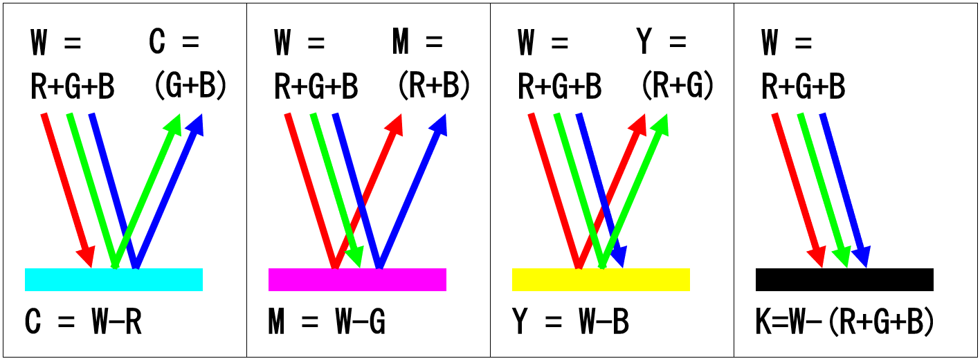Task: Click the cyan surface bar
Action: tap(114, 279)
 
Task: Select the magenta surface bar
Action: tap(357, 279)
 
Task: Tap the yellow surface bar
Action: tap(601, 279)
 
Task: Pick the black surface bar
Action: tap(844, 279)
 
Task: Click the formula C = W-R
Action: tap(83, 322)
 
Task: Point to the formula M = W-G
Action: tap(327, 322)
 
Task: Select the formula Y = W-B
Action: tap(570, 322)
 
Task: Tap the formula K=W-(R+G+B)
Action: tap(844, 322)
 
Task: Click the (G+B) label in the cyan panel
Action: tap(191, 85)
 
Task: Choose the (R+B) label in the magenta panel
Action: tap(434, 85)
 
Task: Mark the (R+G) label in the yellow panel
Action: tap(678, 85)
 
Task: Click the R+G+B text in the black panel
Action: tap(804, 86)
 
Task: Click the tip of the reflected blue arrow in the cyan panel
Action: tap(201, 115)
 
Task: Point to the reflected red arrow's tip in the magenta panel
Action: tap(400, 115)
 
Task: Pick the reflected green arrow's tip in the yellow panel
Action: tap(666, 115)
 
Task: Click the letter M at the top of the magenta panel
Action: tap(400, 41)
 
